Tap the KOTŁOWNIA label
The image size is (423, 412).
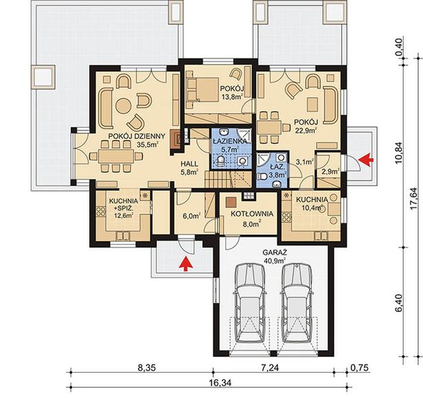click(252, 214)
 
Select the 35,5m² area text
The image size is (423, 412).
click(147, 145)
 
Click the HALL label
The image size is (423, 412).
click(190, 164)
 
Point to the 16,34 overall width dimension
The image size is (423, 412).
click(220, 383)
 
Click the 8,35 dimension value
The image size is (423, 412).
click(147, 368)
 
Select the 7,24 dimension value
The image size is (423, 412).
click(275, 367)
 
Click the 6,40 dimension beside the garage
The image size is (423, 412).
click(398, 303)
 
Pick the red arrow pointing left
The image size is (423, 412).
click(366, 159)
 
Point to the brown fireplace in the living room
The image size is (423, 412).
click(175, 139)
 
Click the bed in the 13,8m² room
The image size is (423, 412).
click(203, 89)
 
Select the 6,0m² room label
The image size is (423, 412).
click(192, 216)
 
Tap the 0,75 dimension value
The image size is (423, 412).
click(359, 368)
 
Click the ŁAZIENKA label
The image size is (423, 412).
click(229, 141)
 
